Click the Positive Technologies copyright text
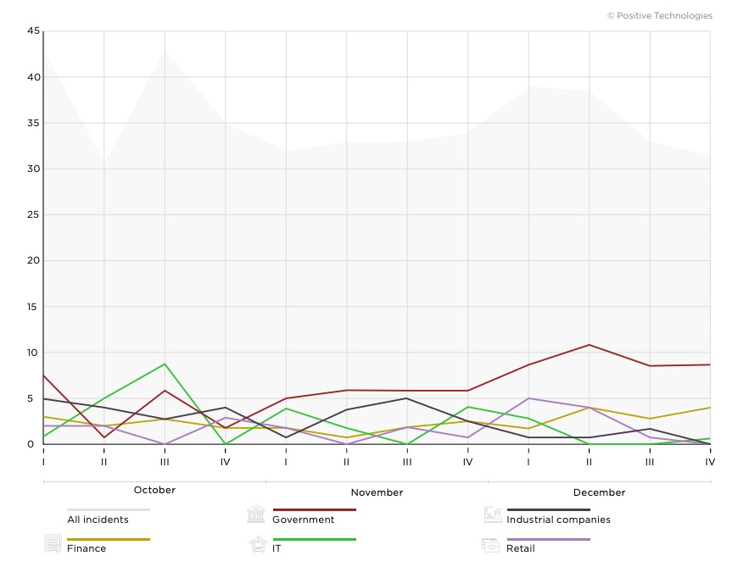[660, 15]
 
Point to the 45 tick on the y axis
[33, 31]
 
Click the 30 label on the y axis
[33, 169]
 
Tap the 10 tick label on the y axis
[33, 353]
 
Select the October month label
[154, 490]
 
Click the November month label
[377, 492]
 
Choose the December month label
[599, 492]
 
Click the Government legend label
[303, 520]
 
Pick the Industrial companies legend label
[558, 520]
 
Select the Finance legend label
[87, 548]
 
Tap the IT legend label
[277, 548]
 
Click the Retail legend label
[521, 548]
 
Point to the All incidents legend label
[98, 520]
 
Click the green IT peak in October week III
[165, 364]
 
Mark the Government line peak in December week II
[589, 345]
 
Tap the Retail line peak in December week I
[528, 398]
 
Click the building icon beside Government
[256, 514]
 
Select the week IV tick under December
[710, 462]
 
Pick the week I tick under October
[43, 462]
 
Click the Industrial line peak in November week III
[407, 398]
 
